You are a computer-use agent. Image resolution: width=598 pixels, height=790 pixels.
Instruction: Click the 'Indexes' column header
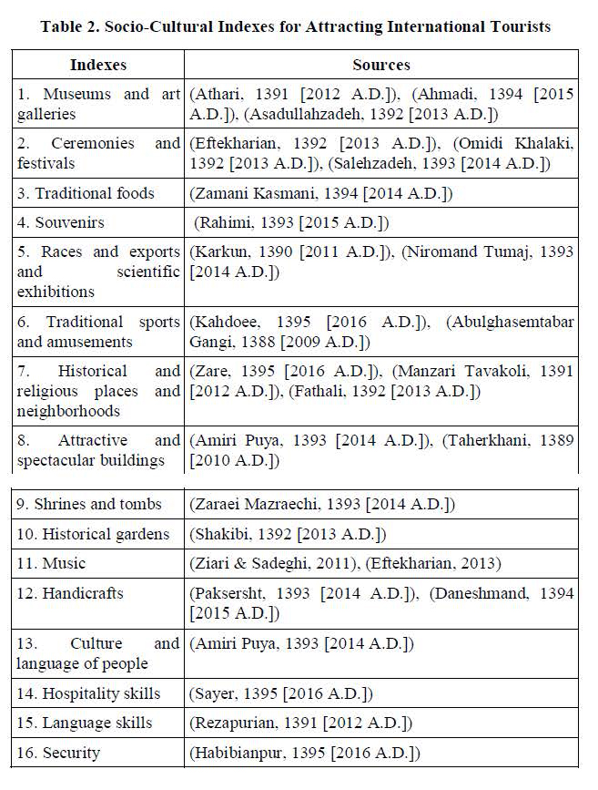(x=98, y=65)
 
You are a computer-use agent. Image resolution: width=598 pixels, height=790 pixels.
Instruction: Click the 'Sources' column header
(x=380, y=65)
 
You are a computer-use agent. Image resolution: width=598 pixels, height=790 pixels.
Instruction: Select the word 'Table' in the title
(x=63, y=26)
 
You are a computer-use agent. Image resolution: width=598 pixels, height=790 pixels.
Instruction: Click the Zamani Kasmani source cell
(x=320, y=193)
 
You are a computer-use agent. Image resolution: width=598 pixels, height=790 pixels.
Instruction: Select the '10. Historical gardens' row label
(x=93, y=533)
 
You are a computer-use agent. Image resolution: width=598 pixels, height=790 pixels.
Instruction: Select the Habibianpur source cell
(x=304, y=753)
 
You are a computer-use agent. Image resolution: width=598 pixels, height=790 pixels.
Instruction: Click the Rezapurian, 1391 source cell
(x=300, y=723)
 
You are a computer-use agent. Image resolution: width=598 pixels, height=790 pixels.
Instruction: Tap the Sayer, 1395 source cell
(x=280, y=693)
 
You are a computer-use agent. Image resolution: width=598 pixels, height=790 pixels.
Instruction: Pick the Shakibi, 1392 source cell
(x=288, y=533)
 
